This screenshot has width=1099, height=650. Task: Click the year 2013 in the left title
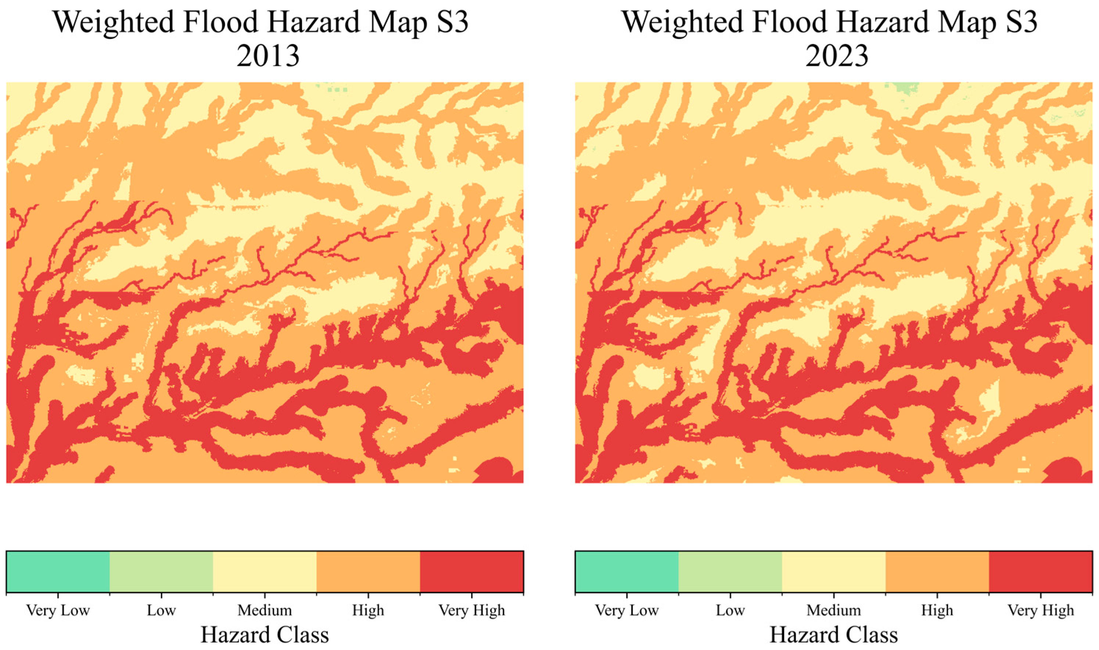click(268, 56)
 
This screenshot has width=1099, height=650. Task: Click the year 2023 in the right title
click(836, 56)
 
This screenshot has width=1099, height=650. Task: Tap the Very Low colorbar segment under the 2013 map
click(58, 572)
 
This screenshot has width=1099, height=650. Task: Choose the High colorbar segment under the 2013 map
click(368, 572)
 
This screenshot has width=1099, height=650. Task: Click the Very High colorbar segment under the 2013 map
click(471, 572)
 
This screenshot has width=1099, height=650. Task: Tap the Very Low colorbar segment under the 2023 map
click(627, 572)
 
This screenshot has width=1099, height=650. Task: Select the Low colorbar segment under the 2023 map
click(730, 572)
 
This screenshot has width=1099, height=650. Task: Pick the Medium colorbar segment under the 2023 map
click(833, 572)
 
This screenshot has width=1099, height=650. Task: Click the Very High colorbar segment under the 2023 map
click(1040, 572)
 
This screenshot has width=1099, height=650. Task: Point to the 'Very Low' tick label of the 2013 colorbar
click(58, 610)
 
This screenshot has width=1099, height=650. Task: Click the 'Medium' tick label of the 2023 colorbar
click(833, 610)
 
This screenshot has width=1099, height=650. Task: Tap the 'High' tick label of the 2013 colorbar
click(368, 610)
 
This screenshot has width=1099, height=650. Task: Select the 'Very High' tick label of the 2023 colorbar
click(1040, 610)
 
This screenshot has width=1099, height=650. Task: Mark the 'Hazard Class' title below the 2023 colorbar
click(833, 635)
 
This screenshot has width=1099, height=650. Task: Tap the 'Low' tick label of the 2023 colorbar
click(730, 610)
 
